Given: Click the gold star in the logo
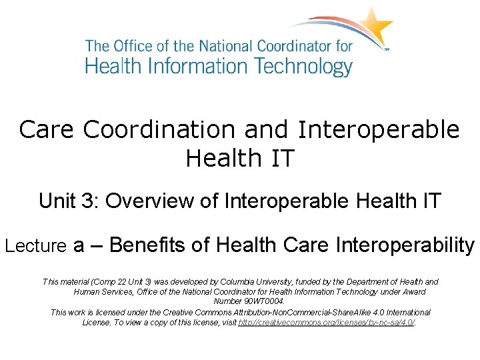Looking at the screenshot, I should (x=375, y=26).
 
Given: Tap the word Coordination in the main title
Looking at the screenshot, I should (x=186, y=129).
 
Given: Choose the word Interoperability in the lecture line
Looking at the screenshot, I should (x=407, y=245).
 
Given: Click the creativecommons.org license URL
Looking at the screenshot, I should (x=327, y=323).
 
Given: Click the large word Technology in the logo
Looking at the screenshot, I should (x=301, y=67).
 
